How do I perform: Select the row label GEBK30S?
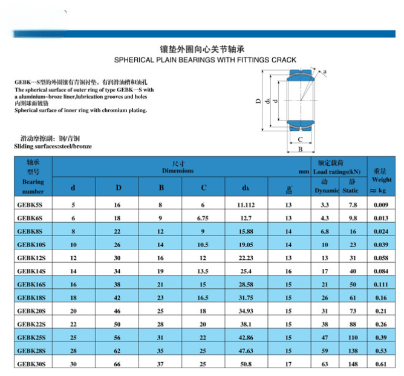31,364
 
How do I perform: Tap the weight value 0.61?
381,364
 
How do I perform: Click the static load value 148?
353,364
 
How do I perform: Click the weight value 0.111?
381,284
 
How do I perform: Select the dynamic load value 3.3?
325,205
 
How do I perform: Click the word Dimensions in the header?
178,171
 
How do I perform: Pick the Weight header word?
382,180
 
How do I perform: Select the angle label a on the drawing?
325,72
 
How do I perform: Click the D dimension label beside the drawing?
258,101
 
